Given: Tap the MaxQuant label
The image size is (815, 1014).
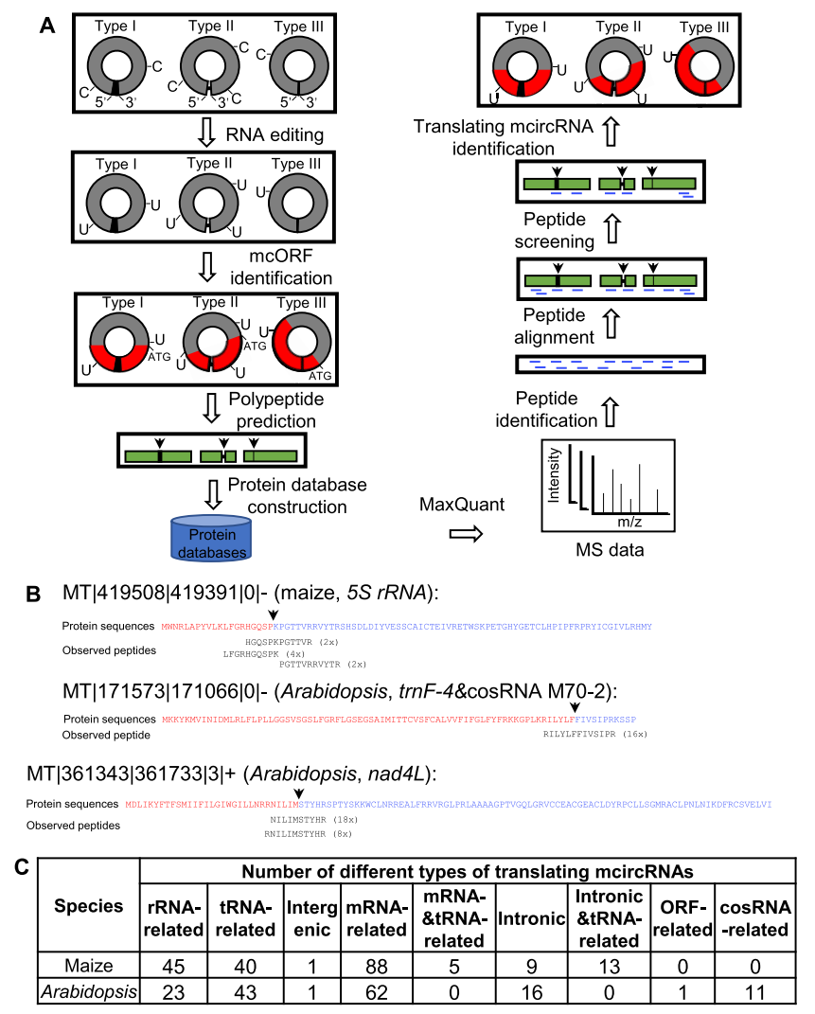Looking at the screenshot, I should [462, 506].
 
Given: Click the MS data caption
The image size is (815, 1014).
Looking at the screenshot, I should [605, 550].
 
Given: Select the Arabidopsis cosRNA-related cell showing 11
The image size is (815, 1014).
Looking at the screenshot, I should [753, 991].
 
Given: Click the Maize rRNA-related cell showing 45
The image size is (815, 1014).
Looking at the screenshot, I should [172, 965].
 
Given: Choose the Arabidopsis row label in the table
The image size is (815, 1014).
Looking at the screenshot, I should [89, 991].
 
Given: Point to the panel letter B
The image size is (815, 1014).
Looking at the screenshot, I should [32, 595].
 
